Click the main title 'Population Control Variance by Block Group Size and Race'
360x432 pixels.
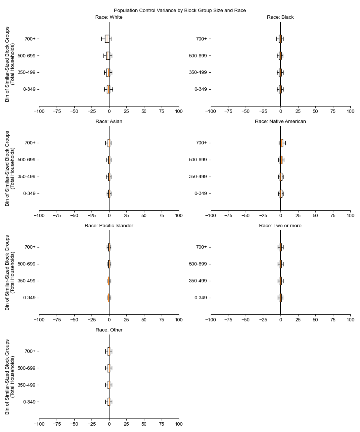[180, 10]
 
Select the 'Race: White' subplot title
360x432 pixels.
[109, 17]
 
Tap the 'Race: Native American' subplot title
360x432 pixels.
[280, 121]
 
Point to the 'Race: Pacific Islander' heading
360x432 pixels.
[109, 226]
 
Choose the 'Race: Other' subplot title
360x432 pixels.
[109, 330]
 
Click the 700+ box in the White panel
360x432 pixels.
[107, 39]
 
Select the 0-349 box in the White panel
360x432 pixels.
[108, 89]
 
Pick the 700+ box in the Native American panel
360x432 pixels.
[282, 143]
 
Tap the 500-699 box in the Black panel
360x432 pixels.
[280, 55]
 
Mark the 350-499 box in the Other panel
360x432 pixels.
[109, 385]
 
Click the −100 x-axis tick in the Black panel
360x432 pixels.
[210, 111]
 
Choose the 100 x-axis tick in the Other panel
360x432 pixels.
[179, 424]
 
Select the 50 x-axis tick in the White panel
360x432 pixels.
[144, 111]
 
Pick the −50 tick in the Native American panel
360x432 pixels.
[245, 216]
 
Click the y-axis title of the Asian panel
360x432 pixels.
[10, 168]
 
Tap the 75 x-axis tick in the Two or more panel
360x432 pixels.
[333, 320]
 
